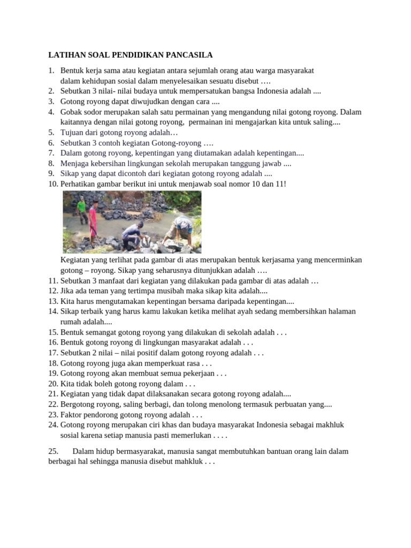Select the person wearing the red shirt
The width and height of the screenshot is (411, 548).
(x=93, y=220)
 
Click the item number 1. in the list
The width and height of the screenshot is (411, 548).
(x=51, y=71)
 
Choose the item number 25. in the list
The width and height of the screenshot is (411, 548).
(x=54, y=451)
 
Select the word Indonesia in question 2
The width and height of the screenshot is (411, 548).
(x=275, y=91)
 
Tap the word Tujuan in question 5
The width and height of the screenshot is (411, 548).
(x=72, y=132)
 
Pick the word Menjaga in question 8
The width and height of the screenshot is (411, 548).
(x=75, y=163)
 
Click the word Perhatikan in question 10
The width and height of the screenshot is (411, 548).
(x=79, y=184)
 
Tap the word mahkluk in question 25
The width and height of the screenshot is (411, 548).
(x=184, y=461)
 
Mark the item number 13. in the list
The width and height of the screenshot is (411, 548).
(x=53, y=301)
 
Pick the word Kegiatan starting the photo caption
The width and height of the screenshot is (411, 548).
(x=76, y=260)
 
